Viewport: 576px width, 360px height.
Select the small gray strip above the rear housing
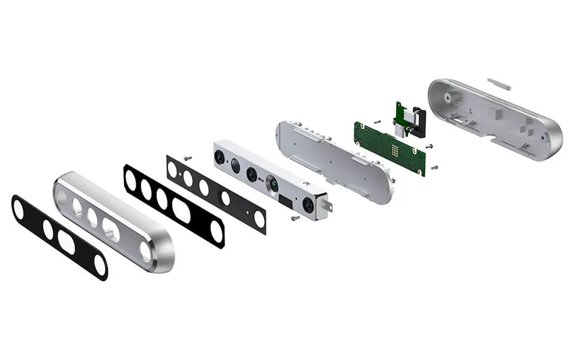[499, 83]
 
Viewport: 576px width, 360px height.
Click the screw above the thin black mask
[188, 158]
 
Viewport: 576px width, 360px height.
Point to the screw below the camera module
[295, 218]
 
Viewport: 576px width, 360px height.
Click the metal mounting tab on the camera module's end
[328, 206]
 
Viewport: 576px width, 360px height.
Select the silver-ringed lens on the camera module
[273, 184]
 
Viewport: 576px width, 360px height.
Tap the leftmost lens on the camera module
[220, 157]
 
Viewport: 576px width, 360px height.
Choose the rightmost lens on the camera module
[308, 205]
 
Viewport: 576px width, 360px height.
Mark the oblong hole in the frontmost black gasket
[67, 242]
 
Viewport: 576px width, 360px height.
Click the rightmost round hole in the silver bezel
[146, 251]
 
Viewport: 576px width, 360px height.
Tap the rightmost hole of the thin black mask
[259, 220]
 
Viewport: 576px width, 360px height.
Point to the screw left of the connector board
[376, 121]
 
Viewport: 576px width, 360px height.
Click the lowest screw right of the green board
[434, 167]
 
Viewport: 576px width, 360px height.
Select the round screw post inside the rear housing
[447, 95]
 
